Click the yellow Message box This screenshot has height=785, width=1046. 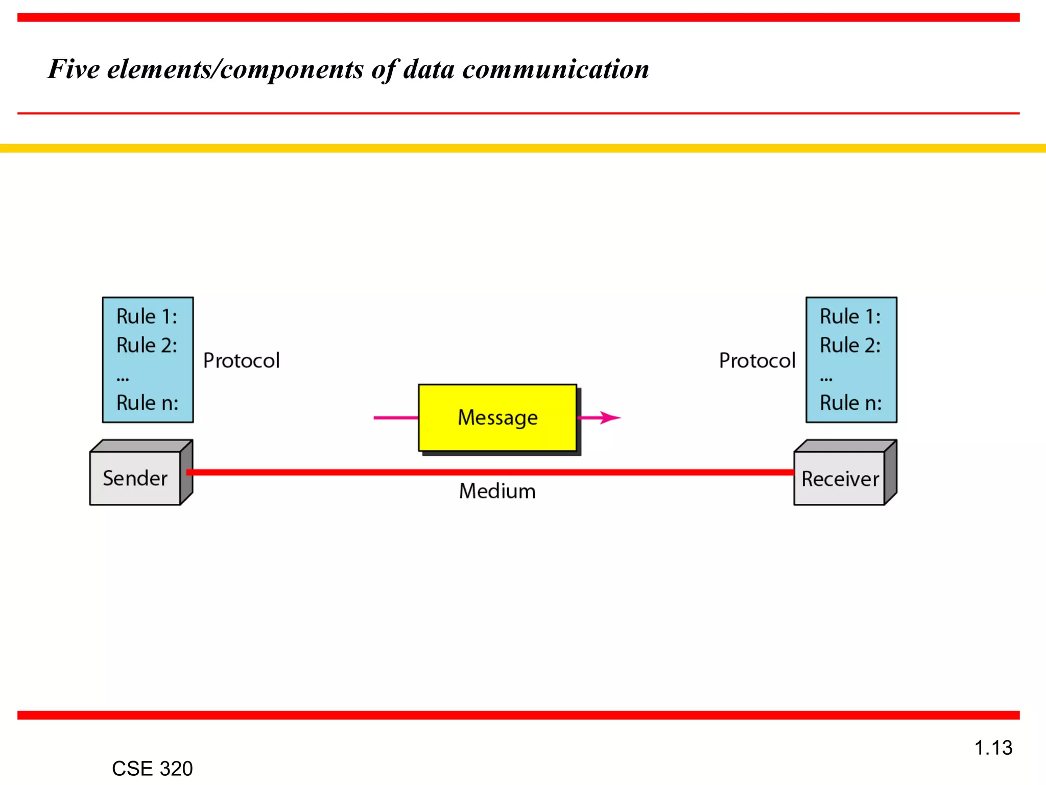pyautogui.click(x=497, y=418)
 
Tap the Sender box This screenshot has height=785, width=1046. pyautogui.click(x=135, y=478)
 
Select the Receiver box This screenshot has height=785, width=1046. pyautogui.click(x=840, y=479)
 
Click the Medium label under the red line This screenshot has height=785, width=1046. pyautogui.click(x=497, y=491)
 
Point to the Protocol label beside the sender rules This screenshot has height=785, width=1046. pyautogui.click(x=242, y=361)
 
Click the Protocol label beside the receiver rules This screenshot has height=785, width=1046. pyautogui.click(x=757, y=361)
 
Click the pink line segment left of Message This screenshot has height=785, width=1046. pyautogui.click(x=396, y=418)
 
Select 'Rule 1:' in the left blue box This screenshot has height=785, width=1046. pyautogui.click(x=147, y=316)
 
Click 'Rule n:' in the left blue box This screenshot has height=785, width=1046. pyautogui.click(x=148, y=403)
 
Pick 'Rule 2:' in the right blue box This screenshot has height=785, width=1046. pyautogui.click(x=850, y=345)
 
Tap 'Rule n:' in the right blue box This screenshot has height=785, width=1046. pyautogui.click(x=851, y=403)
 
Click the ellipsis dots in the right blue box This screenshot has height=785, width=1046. pyautogui.click(x=826, y=379)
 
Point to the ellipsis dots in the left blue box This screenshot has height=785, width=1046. pyautogui.click(x=123, y=379)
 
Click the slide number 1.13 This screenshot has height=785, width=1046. pyautogui.click(x=993, y=748)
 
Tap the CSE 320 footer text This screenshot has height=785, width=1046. pyautogui.click(x=152, y=768)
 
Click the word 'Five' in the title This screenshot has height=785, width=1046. pyautogui.click(x=74, y=69)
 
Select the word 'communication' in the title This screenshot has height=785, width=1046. pyautogui.click(x=556, y=69)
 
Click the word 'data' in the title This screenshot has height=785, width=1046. pyautogui.click(x=429, y=69)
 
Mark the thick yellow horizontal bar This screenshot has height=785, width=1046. pyautogui.click(x=523, y=148)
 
